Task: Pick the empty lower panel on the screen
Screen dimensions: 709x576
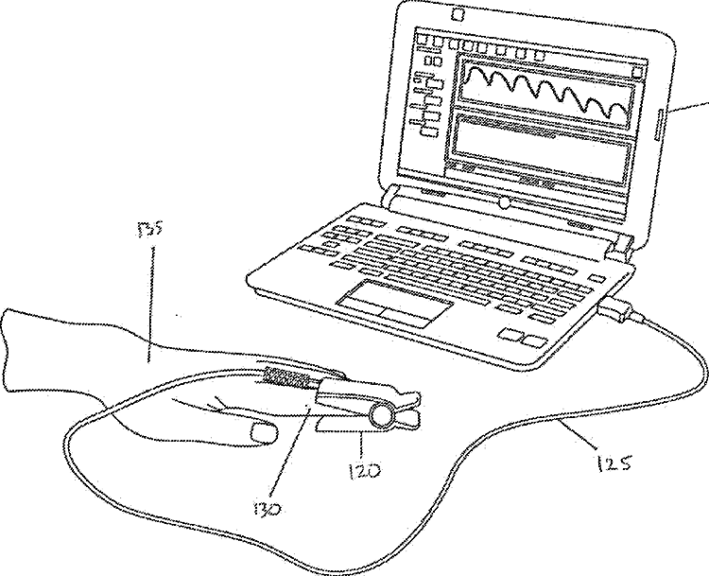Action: (539, 138)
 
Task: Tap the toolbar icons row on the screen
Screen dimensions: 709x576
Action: (482, 47)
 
